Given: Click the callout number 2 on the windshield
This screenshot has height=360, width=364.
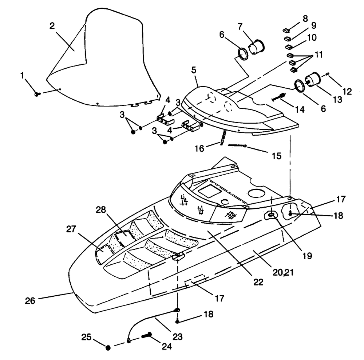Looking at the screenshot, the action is click(x=52, y=26).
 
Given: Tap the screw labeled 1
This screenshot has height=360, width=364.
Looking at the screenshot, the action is click(x=37, y=94).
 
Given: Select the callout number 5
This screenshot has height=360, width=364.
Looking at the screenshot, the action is click(x=194, y=70).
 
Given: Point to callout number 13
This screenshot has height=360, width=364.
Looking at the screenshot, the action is click(x=337, y=100).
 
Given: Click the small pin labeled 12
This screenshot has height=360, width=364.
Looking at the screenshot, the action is click(x=328, y=74).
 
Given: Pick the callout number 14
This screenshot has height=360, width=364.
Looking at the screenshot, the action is click(x=300, y=109).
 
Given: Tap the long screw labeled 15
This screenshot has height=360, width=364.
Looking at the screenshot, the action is click(x=237, y=146).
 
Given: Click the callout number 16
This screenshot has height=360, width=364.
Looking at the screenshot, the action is click(x=199, y=148).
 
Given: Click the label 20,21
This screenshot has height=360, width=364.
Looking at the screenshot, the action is click(x=283, y=272).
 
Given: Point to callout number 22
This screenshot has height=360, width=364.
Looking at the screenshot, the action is click(x=258, y=282).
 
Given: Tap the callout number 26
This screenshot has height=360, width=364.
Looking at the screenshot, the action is click(x=30, y=301).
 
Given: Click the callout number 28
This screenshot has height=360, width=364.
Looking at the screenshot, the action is click(x=101, y=210).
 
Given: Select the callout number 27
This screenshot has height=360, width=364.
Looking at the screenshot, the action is click(x=71, y=229).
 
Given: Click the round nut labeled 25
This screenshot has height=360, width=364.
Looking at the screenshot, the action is click(x=108, y=348).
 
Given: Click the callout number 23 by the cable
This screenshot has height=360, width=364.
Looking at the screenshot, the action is click(x=178, y=336).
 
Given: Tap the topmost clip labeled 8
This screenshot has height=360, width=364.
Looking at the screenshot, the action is click(x=286, y=31).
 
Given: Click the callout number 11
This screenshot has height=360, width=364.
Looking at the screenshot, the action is click(x=318, y=55).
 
